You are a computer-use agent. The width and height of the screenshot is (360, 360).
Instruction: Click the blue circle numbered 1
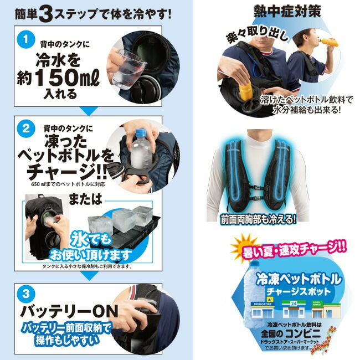coord(23,40)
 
